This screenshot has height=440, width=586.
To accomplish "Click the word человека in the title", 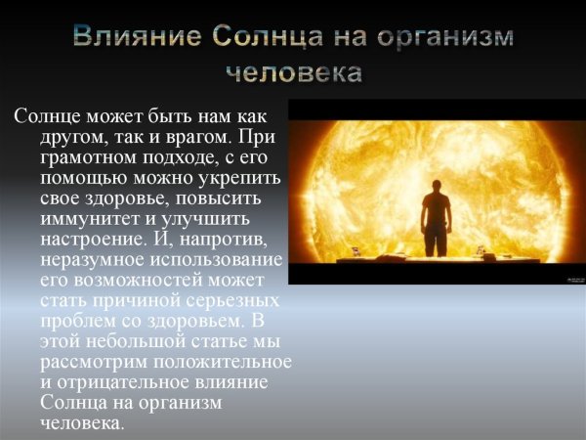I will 293,72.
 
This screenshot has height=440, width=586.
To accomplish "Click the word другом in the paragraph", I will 75,135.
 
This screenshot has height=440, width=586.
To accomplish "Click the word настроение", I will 97,238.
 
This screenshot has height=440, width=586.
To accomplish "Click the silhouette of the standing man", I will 434,215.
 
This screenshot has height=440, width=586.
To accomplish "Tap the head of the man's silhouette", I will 435,175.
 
